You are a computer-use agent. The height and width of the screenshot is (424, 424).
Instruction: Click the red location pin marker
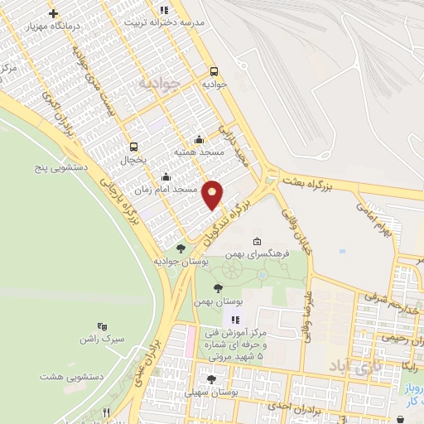[213, 195]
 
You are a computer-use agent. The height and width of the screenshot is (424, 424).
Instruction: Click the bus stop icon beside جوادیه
[214, 71]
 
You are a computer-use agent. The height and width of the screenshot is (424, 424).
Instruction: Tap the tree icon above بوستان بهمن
[218, 288]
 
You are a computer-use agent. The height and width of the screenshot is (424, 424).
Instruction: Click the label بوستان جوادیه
[180, 260]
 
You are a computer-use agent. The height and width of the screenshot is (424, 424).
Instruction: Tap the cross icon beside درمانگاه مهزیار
[54, 14]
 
